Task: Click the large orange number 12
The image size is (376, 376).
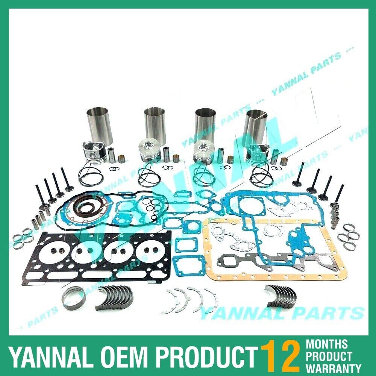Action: (280, 355)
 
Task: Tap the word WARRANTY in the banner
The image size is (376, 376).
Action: (334, 367)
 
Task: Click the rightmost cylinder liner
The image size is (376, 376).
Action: (257, 126)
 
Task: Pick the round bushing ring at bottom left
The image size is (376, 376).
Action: (74, 299)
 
